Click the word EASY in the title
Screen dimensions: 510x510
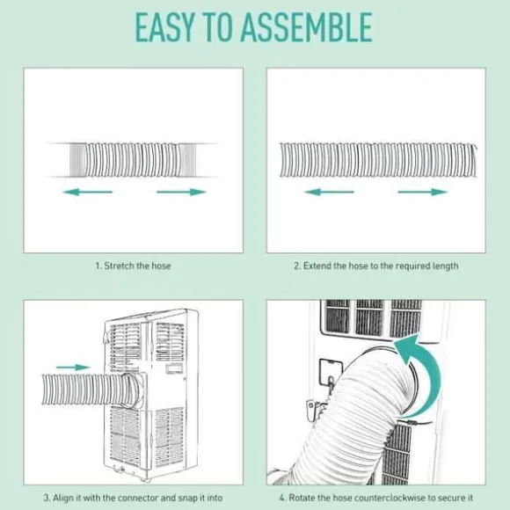point(164,27)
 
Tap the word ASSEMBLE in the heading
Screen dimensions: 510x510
point(307,27)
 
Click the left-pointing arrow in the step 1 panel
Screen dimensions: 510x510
point(88,192)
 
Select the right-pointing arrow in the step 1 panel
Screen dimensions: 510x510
point(181,192)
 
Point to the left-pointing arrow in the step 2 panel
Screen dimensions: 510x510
point(329,192)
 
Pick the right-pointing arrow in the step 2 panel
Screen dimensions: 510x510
point(423,192)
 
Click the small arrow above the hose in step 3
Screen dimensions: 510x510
point(74,368)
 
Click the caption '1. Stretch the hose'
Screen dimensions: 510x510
point(133,266)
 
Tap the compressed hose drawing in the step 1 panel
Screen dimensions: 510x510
point(133,160)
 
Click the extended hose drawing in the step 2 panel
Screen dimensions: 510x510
point(378,160)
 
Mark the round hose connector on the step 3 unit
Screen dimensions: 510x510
point(133,390)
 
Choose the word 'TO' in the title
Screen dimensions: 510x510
point(217,27)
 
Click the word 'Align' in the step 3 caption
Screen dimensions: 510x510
point(63,498)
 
